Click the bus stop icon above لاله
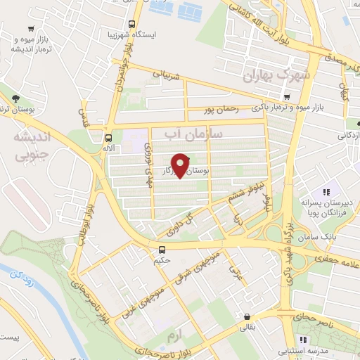coord(108,138)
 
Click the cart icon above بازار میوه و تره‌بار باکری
coord(286,97)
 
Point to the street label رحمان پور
coord(221,110)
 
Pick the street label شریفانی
coord(172,76)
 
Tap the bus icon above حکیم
coord(162,250)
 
